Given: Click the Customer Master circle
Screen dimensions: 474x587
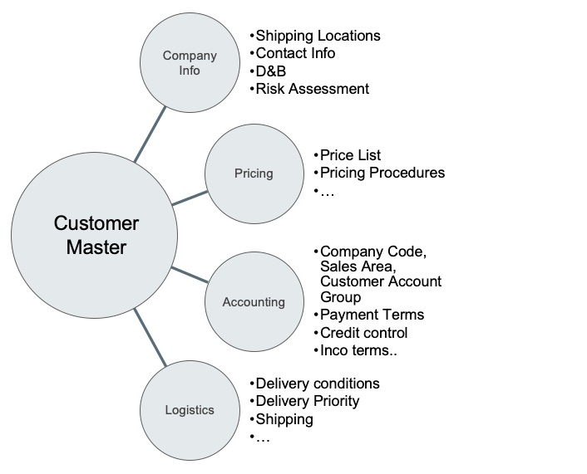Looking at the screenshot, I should [x=96, y=236].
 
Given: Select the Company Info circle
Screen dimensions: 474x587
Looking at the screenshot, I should [x=190, y=63].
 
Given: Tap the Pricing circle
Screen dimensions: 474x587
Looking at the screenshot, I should [x=254, y=173].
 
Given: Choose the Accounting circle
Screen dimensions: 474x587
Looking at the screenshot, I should [x=254, y=302].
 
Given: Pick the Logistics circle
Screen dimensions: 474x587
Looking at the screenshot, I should [x=190, y=409].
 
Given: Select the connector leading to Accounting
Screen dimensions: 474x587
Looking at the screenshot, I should [x=190, y=276].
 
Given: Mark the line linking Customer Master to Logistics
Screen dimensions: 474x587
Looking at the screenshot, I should [x=150, y=339].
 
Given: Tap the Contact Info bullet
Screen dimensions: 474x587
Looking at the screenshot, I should [x=295, y=53].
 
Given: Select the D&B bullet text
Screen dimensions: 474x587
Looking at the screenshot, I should [x=271, y=71].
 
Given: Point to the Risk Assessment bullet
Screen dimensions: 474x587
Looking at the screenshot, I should [x=312, y=88].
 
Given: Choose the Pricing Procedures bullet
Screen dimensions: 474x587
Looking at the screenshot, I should [x=382, y=173].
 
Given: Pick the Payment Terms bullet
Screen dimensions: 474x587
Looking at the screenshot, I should [x=372, y=315].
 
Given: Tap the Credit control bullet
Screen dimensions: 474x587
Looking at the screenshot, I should [x=363, y=332].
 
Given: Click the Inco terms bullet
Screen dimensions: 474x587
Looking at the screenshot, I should [x=358, y=349].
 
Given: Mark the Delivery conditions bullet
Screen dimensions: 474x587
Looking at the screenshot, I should [x=317, y=384].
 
